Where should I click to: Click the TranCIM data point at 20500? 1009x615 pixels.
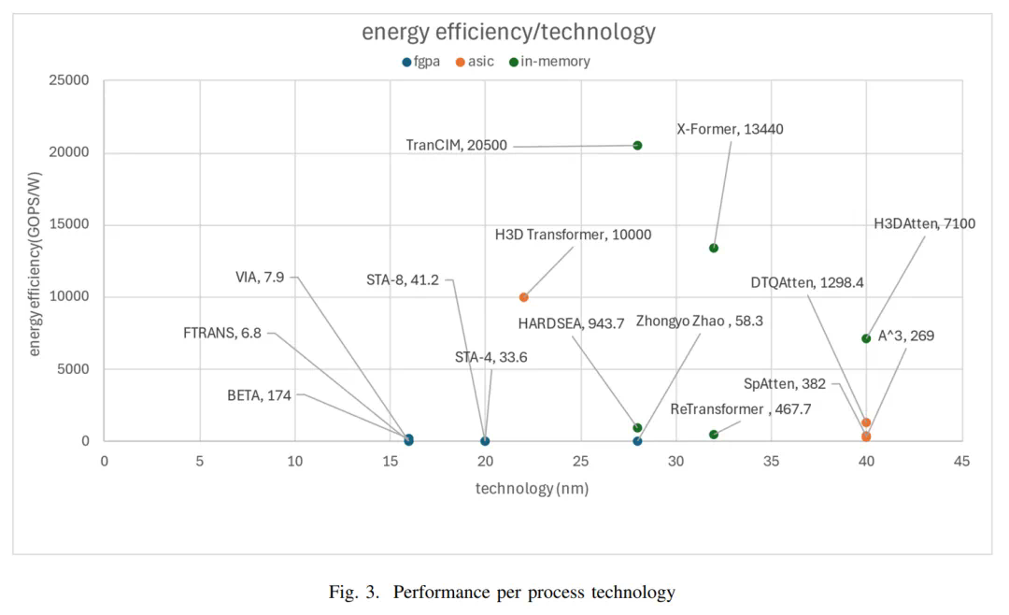point(637,146)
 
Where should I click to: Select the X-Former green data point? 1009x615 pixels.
point(714,248)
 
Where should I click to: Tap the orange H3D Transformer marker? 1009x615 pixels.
point(523,297)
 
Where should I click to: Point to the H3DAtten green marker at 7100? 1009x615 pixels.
point(866,338)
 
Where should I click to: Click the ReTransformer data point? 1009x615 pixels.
point(714,435)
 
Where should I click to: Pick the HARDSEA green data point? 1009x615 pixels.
point(637,428)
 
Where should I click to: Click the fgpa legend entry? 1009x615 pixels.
point(420,62)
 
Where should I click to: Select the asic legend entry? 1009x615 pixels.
point(475,62)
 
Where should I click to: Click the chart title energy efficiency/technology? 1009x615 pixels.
point(508,32)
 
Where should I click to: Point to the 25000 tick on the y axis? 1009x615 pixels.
point(69,81)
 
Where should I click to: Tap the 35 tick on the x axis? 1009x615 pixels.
point(771,461)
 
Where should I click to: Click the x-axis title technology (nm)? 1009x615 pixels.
point(532,488)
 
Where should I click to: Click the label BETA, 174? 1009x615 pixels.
point(259,395)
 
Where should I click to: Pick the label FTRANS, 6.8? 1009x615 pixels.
point(222,333)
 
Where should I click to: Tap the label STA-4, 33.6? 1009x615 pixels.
point(490,357)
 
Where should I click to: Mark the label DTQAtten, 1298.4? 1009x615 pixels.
point(807,282)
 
